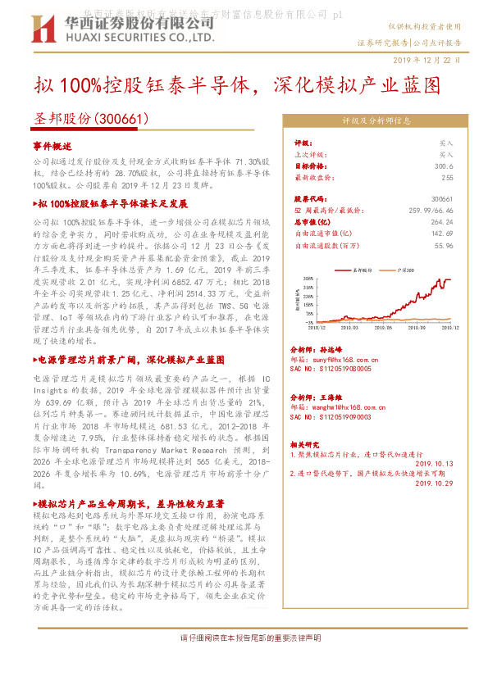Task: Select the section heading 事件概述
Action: click(x=52, y=144)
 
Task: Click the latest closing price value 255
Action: click(x=447, y=177)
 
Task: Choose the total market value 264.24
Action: click(x=441, y=222)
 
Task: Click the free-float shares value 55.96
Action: click(x=444, y=245)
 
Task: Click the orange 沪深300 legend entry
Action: click(x=404, y=270)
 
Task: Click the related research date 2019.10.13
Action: click(x=434, y=464)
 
